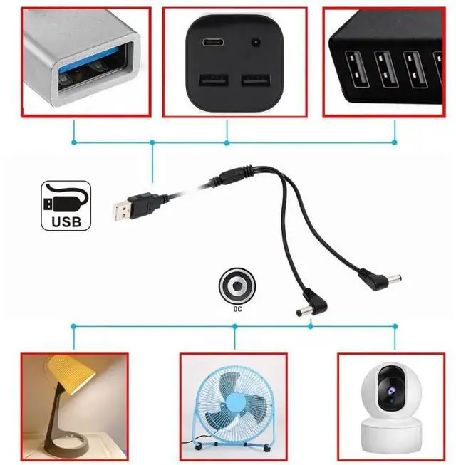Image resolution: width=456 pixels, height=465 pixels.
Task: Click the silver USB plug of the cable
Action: [123, 208]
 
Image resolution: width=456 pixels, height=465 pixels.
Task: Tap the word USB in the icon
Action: [66, 221]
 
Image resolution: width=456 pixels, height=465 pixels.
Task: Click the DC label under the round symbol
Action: [235, 309]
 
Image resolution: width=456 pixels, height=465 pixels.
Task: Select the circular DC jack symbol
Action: [235, 286]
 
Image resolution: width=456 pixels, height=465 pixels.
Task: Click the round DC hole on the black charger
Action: [254, 43]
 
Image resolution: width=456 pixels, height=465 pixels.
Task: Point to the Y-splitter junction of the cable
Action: [235, 173]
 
